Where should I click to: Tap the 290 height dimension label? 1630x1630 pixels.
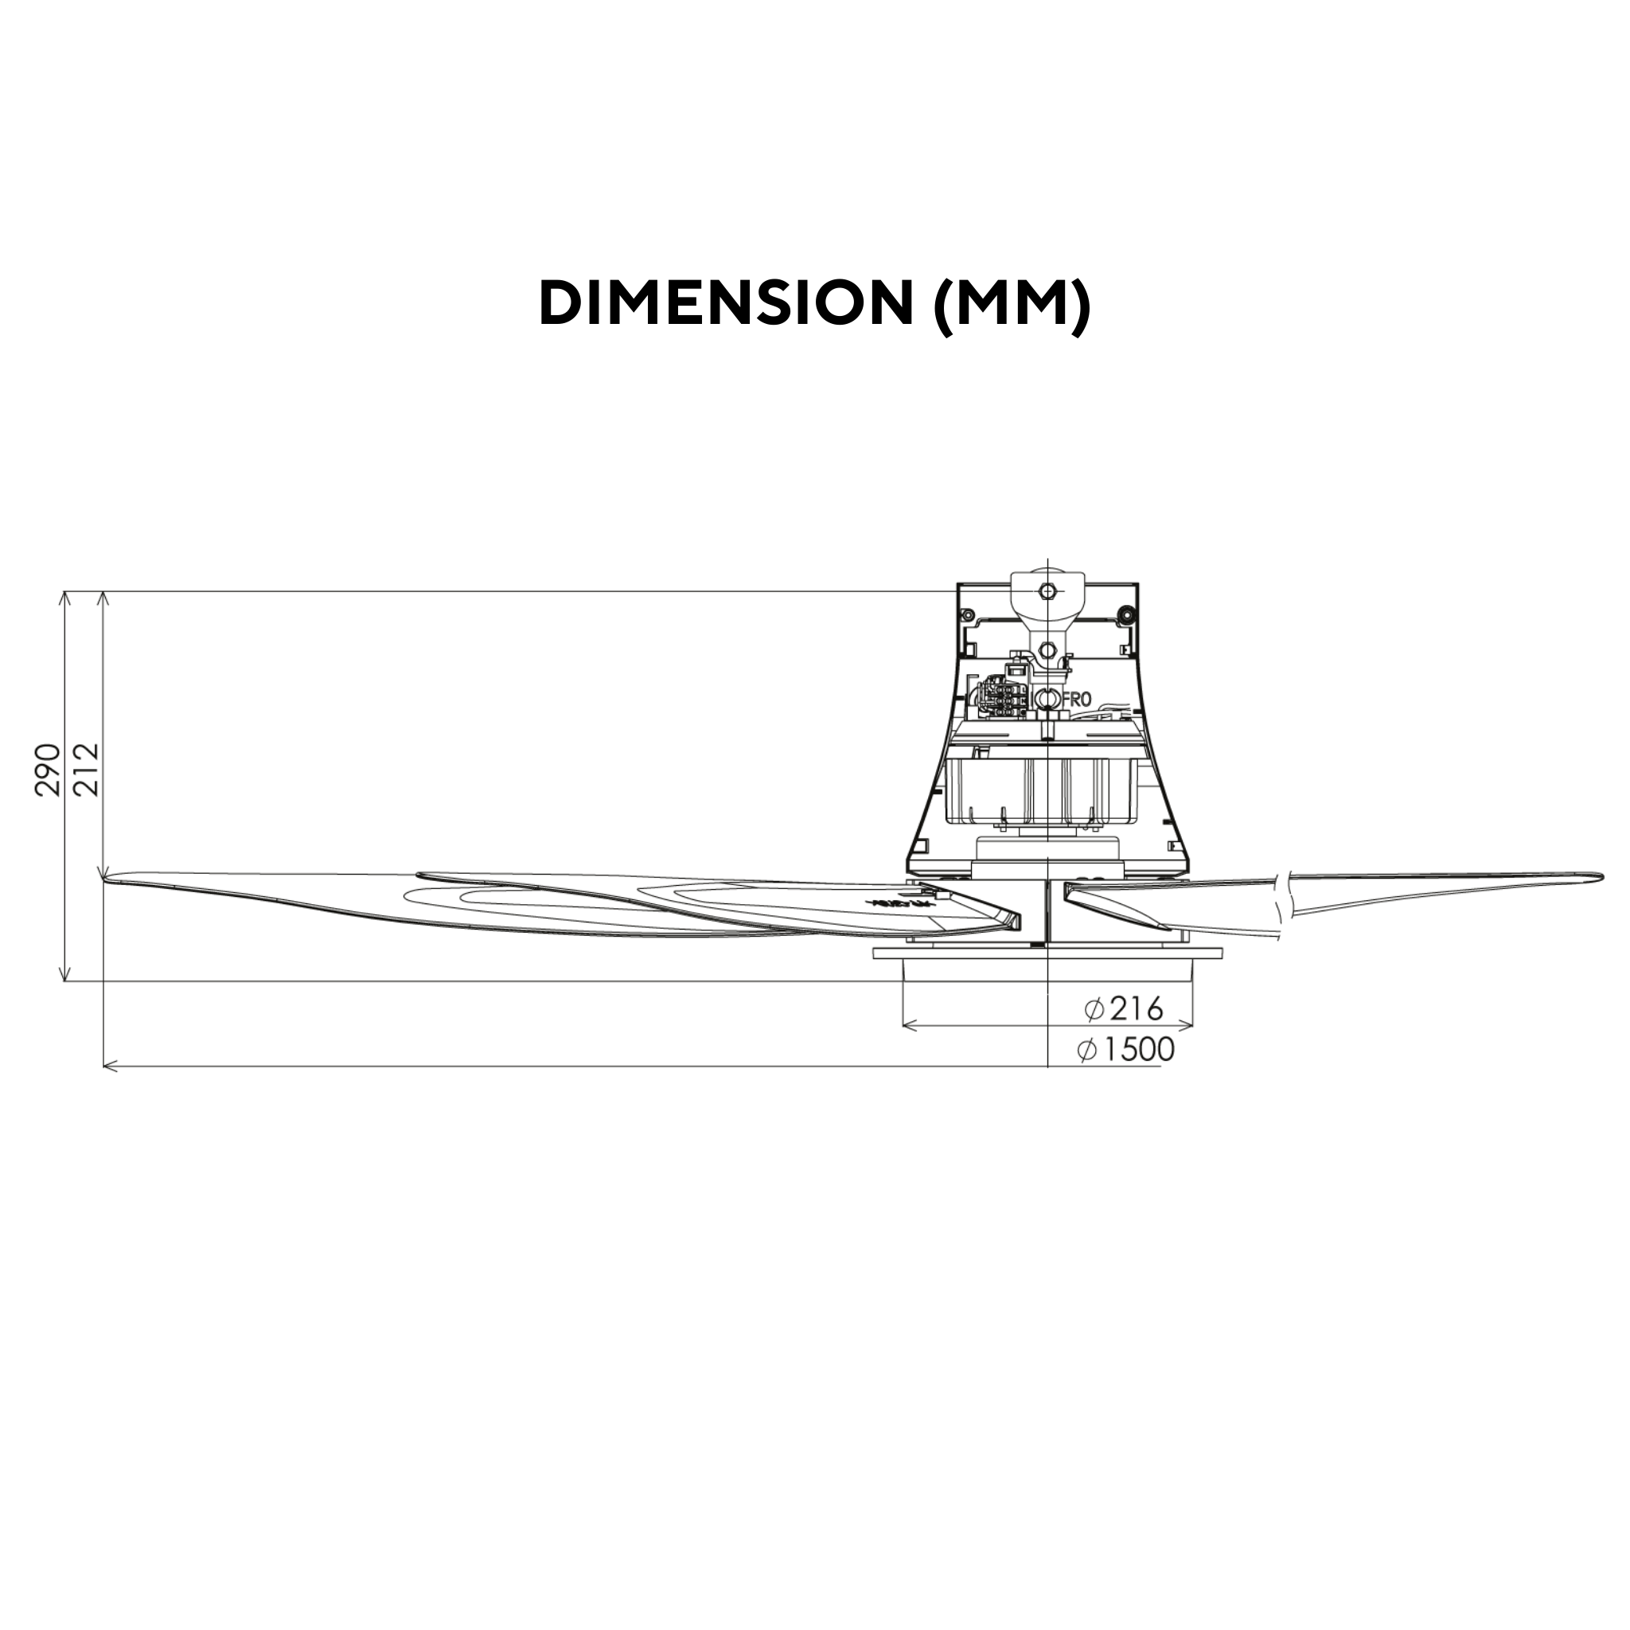tap(48, 769)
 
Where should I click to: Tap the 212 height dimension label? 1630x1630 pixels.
tap(87, 769)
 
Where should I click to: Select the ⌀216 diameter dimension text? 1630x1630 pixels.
tap(1125, 1008)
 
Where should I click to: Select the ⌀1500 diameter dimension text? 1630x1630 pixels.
tap(1126, 1050)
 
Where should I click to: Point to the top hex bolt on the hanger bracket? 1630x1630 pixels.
tap(1047, 590)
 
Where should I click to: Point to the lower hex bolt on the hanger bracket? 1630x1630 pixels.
tap(1047, 649)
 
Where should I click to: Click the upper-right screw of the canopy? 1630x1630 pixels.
tap(1125, 612)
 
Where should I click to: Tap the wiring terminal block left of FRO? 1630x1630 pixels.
tap(1006, 698)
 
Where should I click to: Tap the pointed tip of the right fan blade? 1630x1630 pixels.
tap(1601, 875)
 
